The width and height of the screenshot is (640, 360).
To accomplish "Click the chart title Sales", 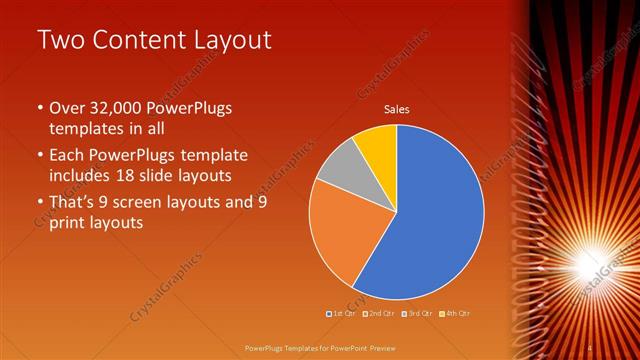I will click(397, 110).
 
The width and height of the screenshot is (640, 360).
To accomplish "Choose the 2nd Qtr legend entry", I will click(379, 313).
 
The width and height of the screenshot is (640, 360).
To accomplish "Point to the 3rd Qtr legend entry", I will click(416, 313).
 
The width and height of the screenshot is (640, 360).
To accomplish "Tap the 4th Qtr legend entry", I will click(453, 313).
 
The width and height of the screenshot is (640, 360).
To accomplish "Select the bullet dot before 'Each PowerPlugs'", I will click(39, 156).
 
